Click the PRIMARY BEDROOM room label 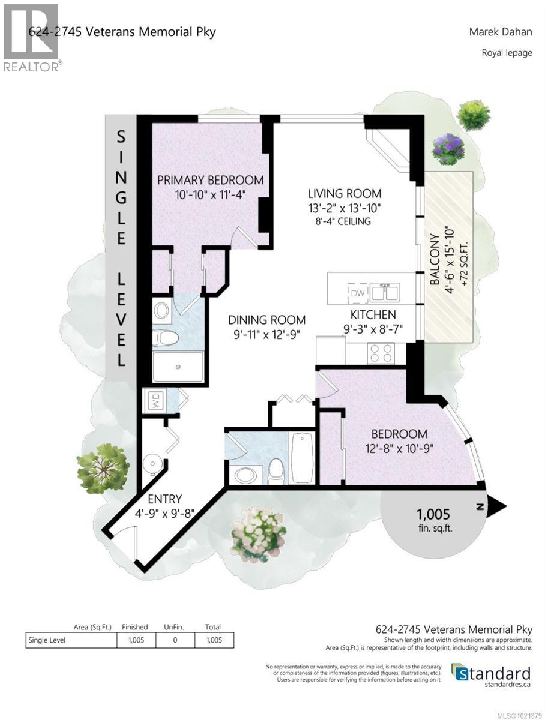tap(210, 179)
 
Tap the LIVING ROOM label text tap(345, 193)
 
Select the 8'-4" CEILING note tap(345, 221)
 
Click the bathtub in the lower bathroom tap(301, 457)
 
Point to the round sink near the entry tap(152, 464)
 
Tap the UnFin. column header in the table tap(174, 626)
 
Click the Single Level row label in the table tap(47, 640)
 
